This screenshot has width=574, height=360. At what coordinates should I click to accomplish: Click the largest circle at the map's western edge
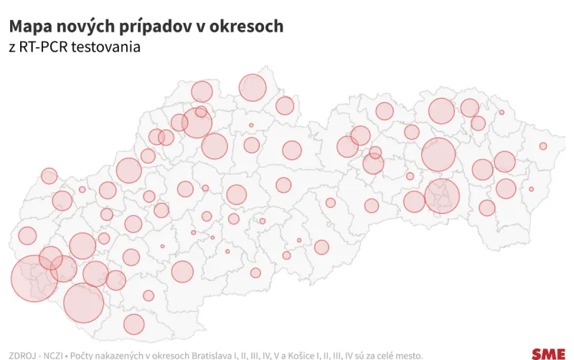point(34,278)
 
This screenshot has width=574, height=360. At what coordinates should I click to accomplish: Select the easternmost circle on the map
point(543,146)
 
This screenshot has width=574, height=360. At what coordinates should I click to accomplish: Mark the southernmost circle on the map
point(134,324)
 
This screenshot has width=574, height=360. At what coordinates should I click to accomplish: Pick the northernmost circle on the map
point(253,87)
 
